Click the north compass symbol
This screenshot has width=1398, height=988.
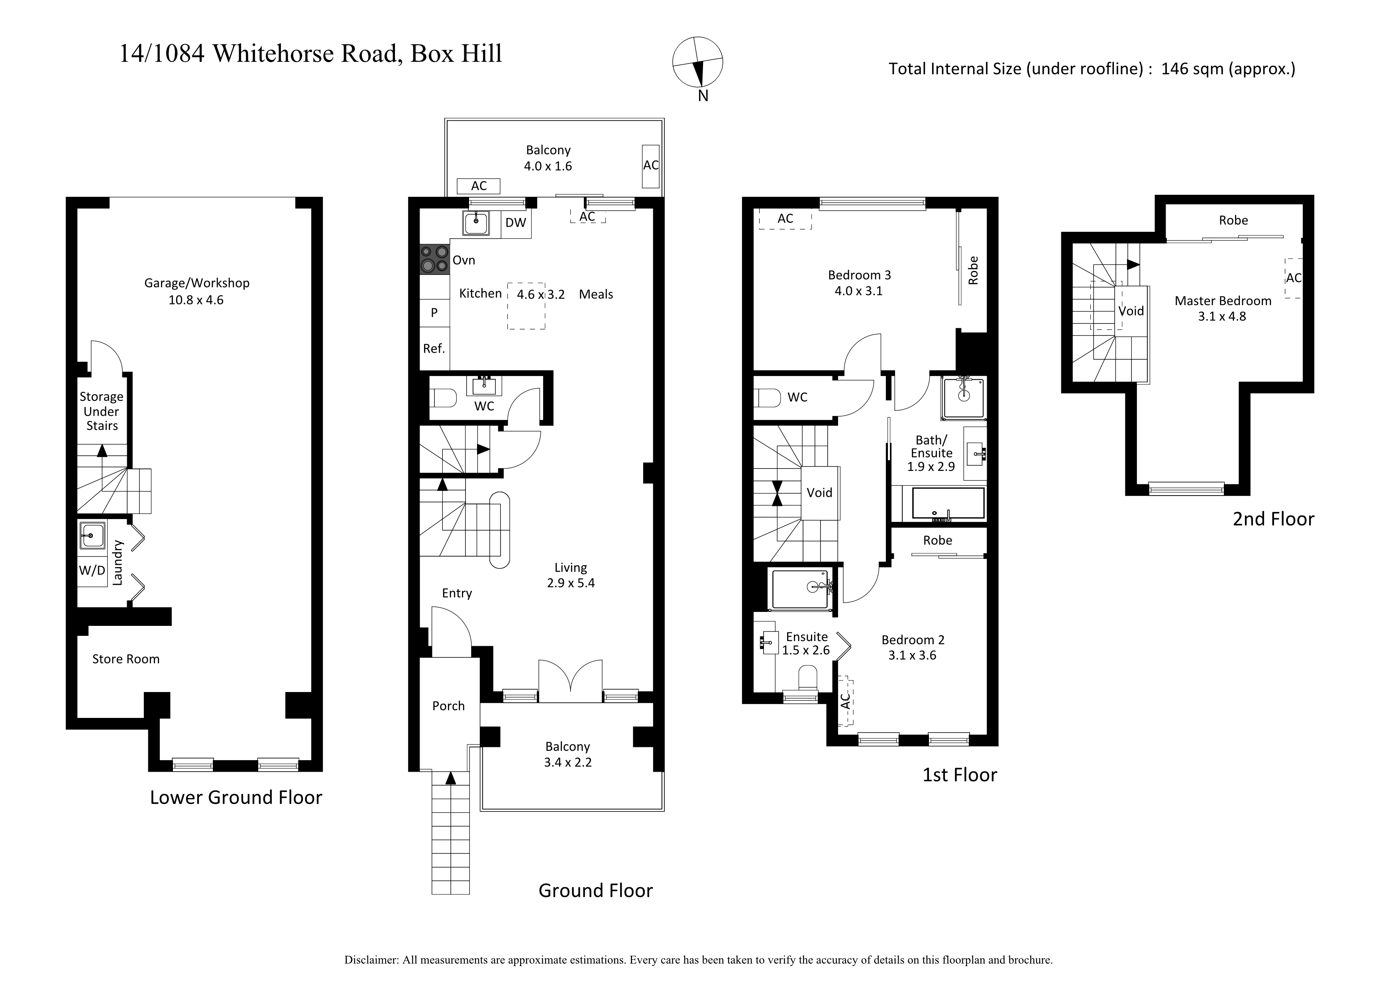point(698,62)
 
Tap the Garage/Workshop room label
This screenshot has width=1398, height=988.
point(197,283)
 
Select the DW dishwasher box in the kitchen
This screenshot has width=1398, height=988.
point(516,223)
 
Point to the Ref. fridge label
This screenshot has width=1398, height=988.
point(434,349)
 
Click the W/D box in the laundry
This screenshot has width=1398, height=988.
point(92,570)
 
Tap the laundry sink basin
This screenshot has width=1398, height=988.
point(91,536)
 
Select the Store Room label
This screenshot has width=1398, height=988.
point(126,659)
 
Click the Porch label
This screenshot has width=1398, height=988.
point(448,706)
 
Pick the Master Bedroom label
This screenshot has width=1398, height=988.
point(1223,301)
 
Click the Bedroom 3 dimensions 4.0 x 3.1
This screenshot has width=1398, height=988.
point(858,291)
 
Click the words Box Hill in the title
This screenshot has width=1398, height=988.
point(456,53)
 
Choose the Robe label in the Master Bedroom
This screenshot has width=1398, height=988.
point(1233,220)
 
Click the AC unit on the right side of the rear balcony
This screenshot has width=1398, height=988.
point(650,166)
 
